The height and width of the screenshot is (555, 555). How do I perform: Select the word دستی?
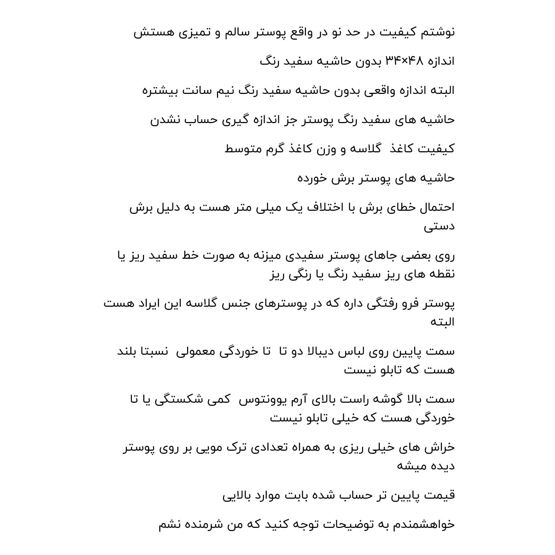tap(439, 226)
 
